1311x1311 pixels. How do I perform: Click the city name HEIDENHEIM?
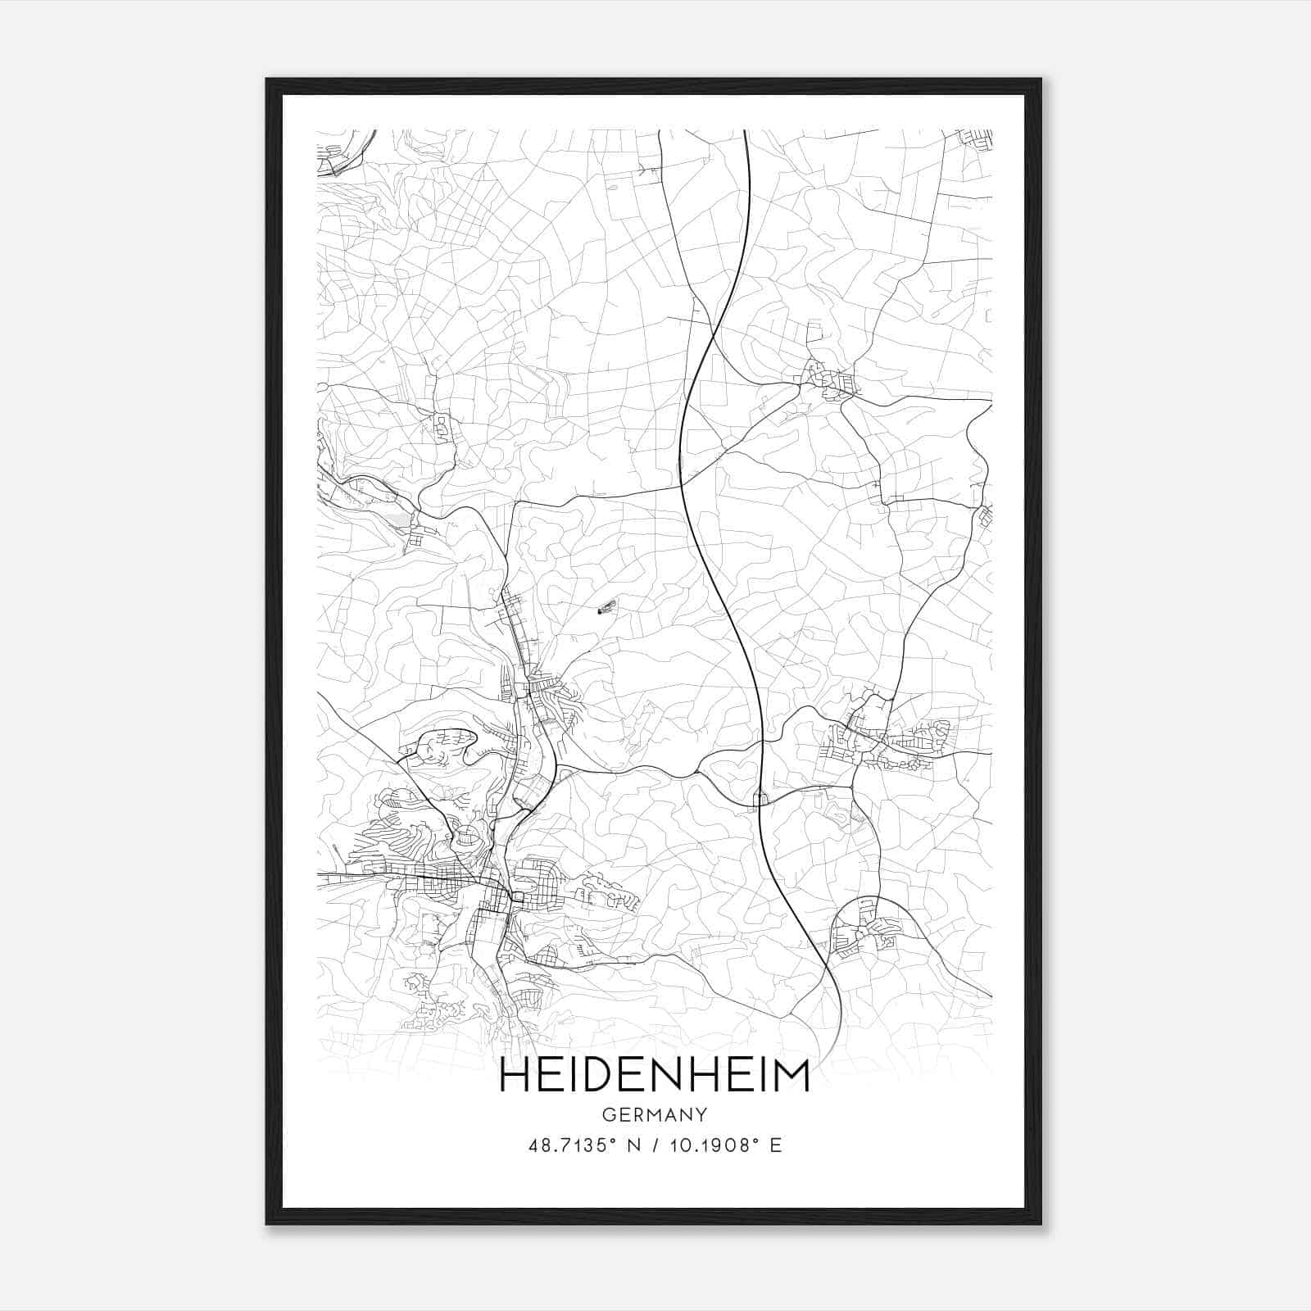[x=654, y=1076]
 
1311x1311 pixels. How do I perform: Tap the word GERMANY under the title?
[x=654, y=1114]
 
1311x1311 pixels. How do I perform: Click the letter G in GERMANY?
[x=607, y=1114]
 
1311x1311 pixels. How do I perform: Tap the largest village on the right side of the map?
[x=889, y=742]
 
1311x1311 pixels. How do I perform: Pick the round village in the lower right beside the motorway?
[x=860, y=930]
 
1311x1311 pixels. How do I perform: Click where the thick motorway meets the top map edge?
[x=745, y=131]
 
